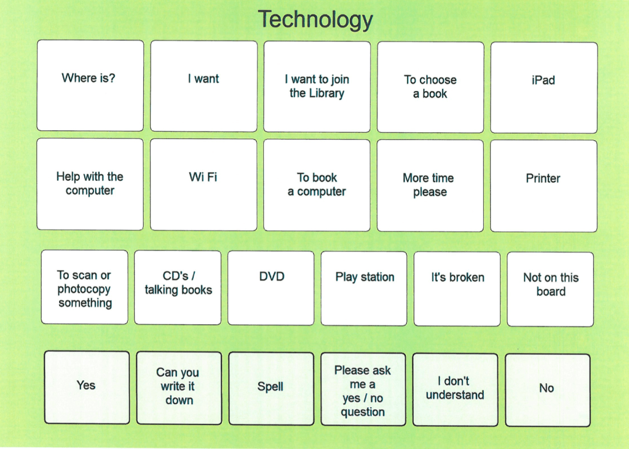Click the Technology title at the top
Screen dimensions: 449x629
[x=315, y=19]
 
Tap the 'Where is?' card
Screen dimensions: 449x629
[x=90, y=85]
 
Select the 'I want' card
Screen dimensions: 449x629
[x=204, y=86]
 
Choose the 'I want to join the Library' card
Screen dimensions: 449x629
[x=317, y=86]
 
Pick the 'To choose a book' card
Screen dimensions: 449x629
[x=430, y=87]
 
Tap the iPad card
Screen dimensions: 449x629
[x=544, y=87]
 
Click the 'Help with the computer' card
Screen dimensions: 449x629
[x=90, y=184]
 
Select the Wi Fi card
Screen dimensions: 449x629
[x=204, y=185]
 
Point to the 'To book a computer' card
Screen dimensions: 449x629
[x=317, y=185]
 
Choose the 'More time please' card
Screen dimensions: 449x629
[x=430, y=186]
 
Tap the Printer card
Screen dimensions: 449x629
[x=544, y=186]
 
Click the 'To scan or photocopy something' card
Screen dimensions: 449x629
[x=85, y=287]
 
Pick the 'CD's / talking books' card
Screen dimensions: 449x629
[x=178, y=287]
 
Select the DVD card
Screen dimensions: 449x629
[x=271, y=288]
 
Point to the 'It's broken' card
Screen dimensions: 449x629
[x=457, y=288]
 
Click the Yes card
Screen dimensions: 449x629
[x=87, y=387]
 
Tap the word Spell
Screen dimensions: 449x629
[x=270, y=387]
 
